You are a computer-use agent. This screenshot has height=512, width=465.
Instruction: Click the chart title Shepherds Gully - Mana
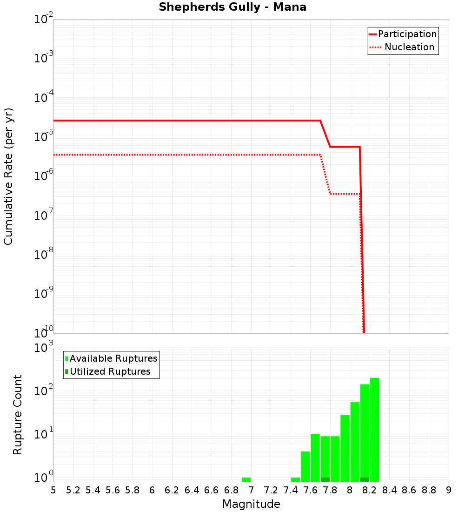click(232, 7)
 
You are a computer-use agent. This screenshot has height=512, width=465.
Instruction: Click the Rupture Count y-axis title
click(18, 415)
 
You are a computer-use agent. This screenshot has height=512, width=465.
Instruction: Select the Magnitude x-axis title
click(251, 504)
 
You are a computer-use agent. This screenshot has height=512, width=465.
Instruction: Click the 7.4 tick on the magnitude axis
click(291, 490)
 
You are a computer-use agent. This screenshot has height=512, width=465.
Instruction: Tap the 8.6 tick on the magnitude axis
click(409, 490)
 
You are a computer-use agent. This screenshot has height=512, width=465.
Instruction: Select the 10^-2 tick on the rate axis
click(43, 20)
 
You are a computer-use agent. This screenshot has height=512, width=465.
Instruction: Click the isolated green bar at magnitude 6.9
click(246, 479)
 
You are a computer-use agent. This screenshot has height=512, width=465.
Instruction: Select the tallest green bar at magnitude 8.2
click(374, 428)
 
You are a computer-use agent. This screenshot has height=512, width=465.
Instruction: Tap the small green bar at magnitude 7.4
click(295, 479)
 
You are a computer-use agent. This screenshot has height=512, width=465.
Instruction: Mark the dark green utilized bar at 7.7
click(325, 479)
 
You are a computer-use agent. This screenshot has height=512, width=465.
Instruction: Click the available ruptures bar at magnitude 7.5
click(306, 465)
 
